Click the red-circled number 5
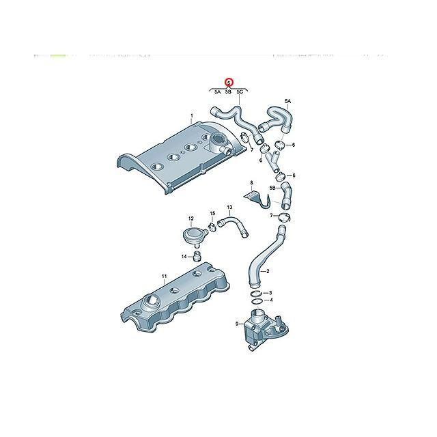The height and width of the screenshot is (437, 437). pos(229,82)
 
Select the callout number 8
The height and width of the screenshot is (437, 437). pos(251,183)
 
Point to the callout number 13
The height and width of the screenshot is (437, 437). pos(229,207)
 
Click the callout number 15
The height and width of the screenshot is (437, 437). pos(212,214)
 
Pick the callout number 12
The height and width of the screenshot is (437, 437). pos(191,218)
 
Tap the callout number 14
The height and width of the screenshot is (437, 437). pos(183,256)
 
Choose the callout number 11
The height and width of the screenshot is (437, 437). pos(164,277)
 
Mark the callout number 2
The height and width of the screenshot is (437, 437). pos(267,271)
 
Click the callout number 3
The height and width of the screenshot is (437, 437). pos(271,292)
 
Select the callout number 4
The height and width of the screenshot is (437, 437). pos(271,300)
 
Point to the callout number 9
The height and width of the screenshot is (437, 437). pos(237,324)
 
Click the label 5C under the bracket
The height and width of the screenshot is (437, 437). pos(240,91)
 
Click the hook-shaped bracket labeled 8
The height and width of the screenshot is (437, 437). pos(258,199)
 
